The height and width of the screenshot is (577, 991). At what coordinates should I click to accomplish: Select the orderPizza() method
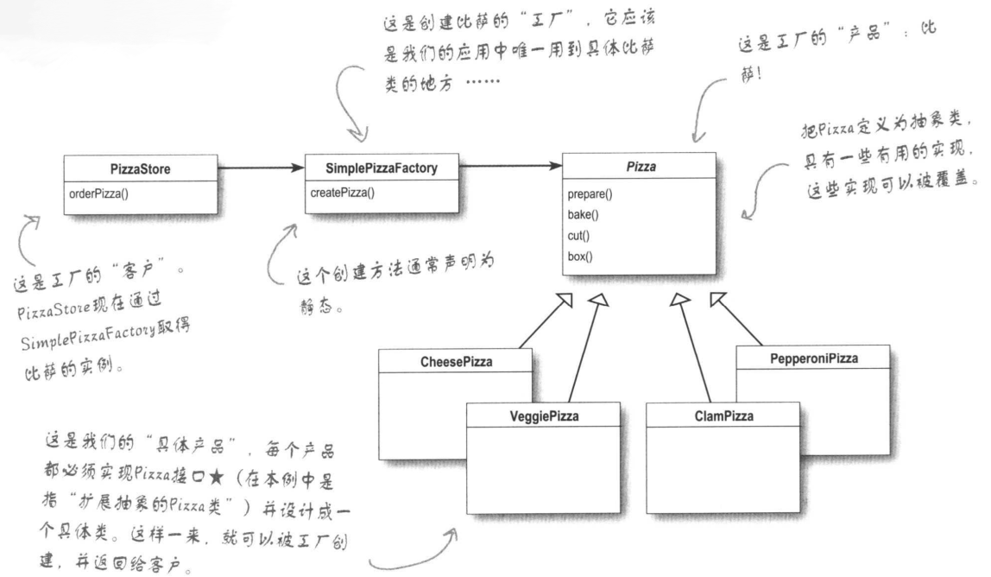pos(97,193)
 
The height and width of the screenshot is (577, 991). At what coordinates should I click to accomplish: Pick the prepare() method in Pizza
pos(591,195)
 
